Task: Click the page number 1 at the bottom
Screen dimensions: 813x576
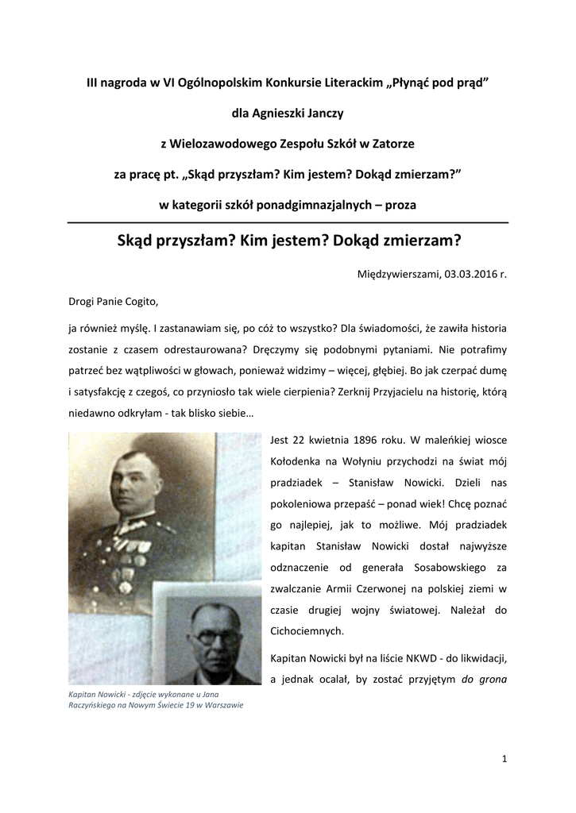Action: [x=504, y=758]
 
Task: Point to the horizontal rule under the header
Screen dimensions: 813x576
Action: [x=288, y=222]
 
